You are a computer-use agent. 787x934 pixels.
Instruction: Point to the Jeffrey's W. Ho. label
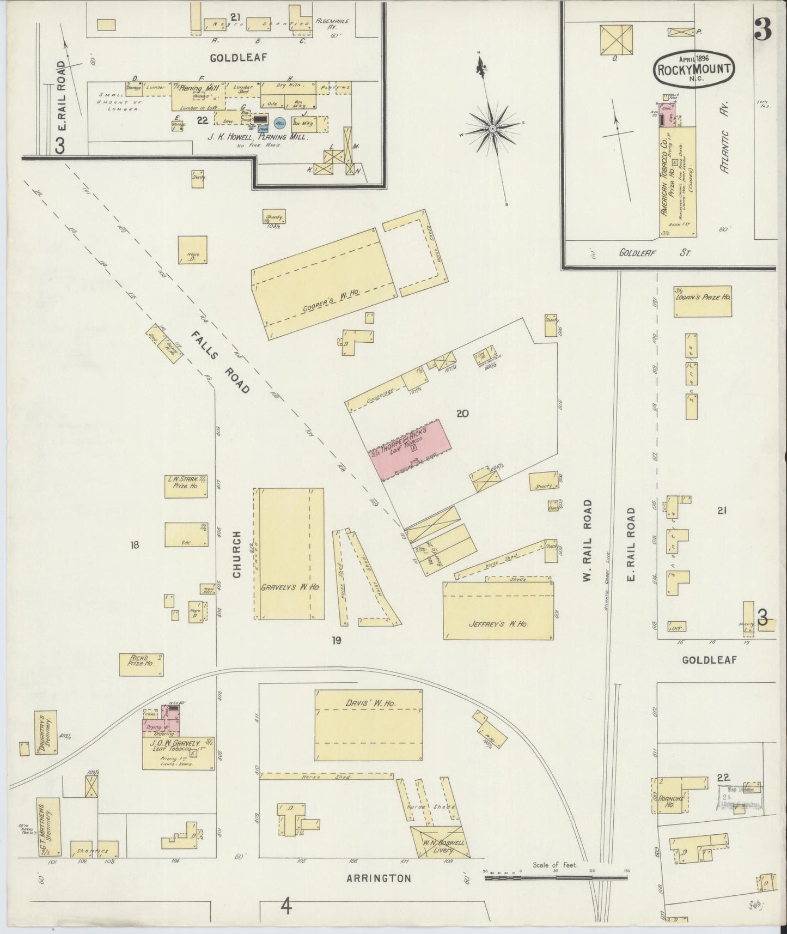tap(498, 624)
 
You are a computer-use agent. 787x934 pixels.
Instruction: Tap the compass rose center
tap(492, 129)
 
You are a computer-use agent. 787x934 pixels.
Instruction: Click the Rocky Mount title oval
tap(694, 69)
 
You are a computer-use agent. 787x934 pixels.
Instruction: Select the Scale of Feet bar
tap(556, 877)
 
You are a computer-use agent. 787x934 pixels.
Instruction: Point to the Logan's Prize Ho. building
tap(702, 301)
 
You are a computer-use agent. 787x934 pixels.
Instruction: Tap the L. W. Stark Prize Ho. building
tap(185, 486)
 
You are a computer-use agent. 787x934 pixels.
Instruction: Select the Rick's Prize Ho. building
tap(141, 664)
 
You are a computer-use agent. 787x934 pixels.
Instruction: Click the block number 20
tap(462, 414)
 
